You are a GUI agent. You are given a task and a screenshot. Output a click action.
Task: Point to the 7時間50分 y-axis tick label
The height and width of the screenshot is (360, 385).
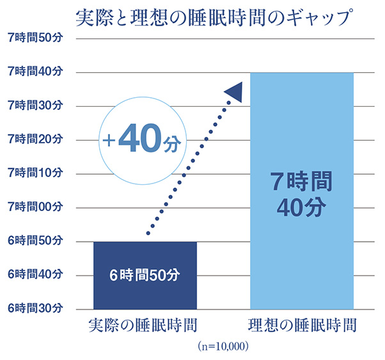click(x=35, y=38)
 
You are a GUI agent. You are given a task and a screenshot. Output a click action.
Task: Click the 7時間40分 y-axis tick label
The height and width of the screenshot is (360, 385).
click(x=35, y=72)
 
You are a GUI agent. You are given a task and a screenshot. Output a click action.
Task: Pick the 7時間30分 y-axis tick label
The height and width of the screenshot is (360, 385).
click(x=35, y=106)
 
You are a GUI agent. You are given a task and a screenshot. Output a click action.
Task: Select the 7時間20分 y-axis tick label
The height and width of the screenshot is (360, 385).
click(x=35, y=139)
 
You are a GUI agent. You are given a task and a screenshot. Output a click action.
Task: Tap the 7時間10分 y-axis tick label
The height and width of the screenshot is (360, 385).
click(x=35, y=173)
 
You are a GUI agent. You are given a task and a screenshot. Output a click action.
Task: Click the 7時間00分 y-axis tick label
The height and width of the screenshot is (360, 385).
click(x=35, y=207)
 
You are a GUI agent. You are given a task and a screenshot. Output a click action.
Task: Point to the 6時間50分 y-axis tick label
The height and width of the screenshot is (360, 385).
click(x=35, y=241)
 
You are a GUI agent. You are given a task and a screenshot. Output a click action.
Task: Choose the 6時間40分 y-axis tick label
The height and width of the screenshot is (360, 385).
click(x=35, y=275)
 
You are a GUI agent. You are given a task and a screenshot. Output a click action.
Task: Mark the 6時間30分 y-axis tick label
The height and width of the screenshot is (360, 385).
click(x=35, y=309)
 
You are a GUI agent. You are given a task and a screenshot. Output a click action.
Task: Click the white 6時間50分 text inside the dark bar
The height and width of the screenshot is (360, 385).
click(x=145, y=276)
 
